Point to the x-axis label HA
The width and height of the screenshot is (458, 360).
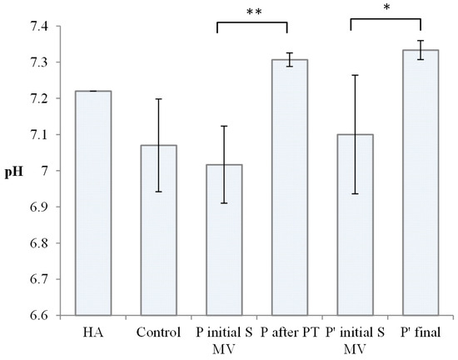click(x=94, y=332)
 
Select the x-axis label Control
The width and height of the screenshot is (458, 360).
click(x=159, y=332)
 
